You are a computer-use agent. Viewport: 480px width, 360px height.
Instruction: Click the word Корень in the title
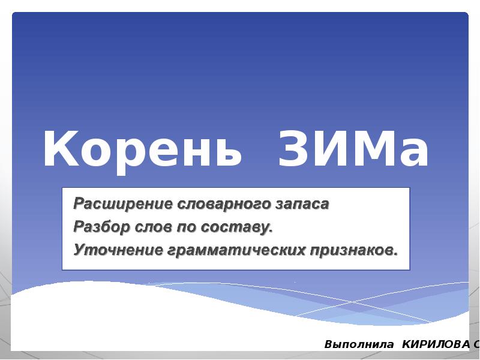pyautogui.click(x=142, y=151)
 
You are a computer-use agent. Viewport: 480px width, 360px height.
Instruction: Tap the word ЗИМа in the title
pyautogui.click(x=354, y=151)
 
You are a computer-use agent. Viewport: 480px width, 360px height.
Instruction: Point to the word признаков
pyautogui.click(x=353, y=249)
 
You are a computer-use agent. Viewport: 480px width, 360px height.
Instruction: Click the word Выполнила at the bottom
pyautogui.click(x=359, y=345)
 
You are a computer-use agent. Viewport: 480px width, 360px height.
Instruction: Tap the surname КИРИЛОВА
pyautogui.click(x=436, y=345)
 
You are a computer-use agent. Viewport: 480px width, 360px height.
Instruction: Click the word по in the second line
pyautogui.click(x=185, y=227)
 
